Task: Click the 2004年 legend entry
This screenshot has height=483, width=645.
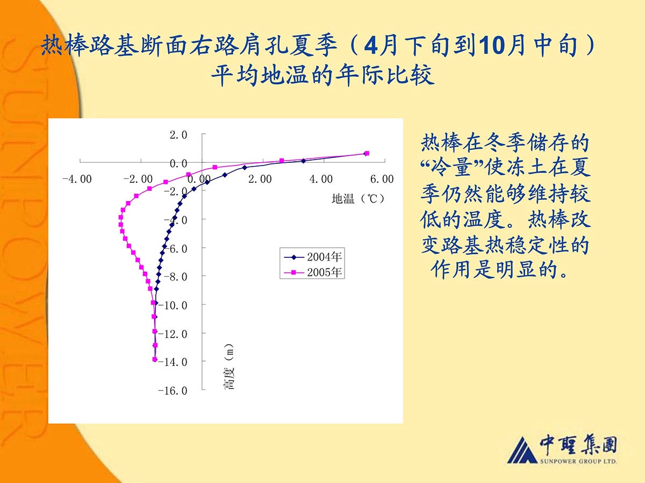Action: (313, 257)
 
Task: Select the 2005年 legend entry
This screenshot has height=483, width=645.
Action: (313, 272)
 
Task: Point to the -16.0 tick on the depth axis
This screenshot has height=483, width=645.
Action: (173, 391)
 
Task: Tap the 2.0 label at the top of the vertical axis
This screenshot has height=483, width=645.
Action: (178, 135)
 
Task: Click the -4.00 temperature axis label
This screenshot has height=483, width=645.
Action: (77, 179)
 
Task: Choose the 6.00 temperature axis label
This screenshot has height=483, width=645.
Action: (382, 179)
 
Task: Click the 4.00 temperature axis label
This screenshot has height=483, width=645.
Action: (321, 179)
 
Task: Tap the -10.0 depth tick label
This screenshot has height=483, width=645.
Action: (173, 305)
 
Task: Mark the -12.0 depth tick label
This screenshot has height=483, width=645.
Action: (173, 334)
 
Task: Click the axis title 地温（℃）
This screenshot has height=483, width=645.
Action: (358, 199)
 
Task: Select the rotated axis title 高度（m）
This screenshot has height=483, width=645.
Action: (229, 366)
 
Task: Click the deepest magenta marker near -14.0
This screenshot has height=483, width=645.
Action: (155, 359)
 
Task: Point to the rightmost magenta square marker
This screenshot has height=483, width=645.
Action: (367, 153)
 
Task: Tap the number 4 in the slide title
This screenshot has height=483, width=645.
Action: (371, 46)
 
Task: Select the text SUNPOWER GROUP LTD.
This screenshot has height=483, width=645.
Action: (578, 462)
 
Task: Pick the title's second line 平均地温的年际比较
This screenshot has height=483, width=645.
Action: (322, 75)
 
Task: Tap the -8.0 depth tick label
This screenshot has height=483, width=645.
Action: (175, 277)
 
